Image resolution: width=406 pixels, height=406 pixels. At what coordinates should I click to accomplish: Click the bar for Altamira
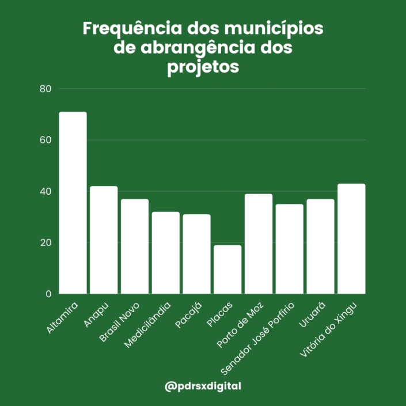pyautogui.click(x=73, y=203)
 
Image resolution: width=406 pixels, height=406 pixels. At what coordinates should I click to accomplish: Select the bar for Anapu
pyautogui.click(x=104, y=240)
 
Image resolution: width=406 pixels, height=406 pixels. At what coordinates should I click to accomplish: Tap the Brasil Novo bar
pyautogui.click(x=135, y=246)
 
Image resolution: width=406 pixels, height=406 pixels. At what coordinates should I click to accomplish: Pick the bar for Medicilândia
pyautogui.click(x=166, y=253)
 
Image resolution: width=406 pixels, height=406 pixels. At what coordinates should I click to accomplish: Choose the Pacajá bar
pyautogui.click(x=197, y=254)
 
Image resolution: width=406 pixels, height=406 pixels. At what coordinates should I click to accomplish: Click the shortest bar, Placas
pyautogui.click(x=227, y=270)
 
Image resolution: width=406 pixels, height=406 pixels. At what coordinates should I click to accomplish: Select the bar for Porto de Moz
pyautogui.click(x=259, y=244)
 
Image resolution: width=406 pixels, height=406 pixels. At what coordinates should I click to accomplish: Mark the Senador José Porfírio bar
pyautogui.click(x=290, y=249)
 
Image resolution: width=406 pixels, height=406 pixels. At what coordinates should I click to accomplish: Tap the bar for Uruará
pyautogui.click(x=321, y=246)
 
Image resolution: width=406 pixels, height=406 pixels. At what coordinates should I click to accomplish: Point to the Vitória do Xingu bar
pyautogui.click(x=351, y=238)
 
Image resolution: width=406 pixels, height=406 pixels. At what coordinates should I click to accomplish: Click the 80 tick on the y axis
pyautogui.click(x=46, y=89)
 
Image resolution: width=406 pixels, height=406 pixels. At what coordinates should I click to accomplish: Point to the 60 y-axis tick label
pyautogui.click(x=46, y=140)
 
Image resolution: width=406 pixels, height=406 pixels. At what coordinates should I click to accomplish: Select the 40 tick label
pyautogui.click(x=46, y=191)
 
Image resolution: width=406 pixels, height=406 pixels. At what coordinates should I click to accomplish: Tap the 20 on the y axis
pyautogui.click(x=46, y=242)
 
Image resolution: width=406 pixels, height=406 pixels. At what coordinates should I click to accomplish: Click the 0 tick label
pyautogui.click(x=48, y=294)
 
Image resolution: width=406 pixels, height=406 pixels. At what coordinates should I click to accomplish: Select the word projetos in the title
pyautogui.click(x=203, y=67)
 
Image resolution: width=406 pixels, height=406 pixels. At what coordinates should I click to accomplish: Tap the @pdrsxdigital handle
pyautogui.click(x=203, y=386)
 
